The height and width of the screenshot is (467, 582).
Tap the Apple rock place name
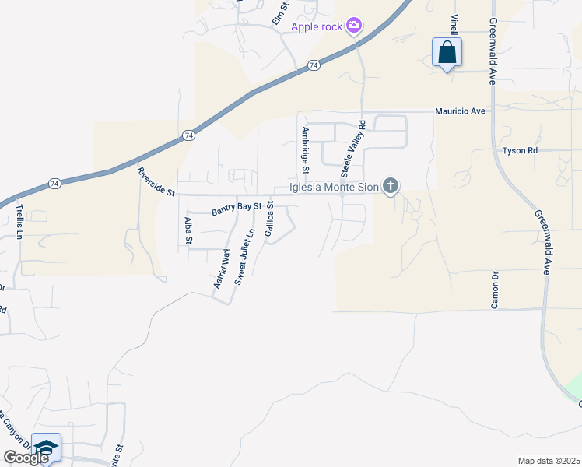[317, 27]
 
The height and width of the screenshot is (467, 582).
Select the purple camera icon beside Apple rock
[354, 26]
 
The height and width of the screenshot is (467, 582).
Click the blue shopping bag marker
[447, 53]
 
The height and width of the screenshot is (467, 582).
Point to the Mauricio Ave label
[460, 111]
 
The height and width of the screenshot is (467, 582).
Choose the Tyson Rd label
[520, 150]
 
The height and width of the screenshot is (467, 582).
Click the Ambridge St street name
[306, 150]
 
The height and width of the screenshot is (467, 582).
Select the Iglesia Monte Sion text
[334, 186]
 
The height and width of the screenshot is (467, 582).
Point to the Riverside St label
[156, 182]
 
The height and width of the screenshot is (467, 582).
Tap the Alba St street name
[188, 231]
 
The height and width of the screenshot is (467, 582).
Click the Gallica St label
[269, 220]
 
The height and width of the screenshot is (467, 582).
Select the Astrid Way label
[222, 269]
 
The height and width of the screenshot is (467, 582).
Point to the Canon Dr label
[494, 290]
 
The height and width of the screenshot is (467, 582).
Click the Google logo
[26, 458]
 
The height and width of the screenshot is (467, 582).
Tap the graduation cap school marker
[46, 448]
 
